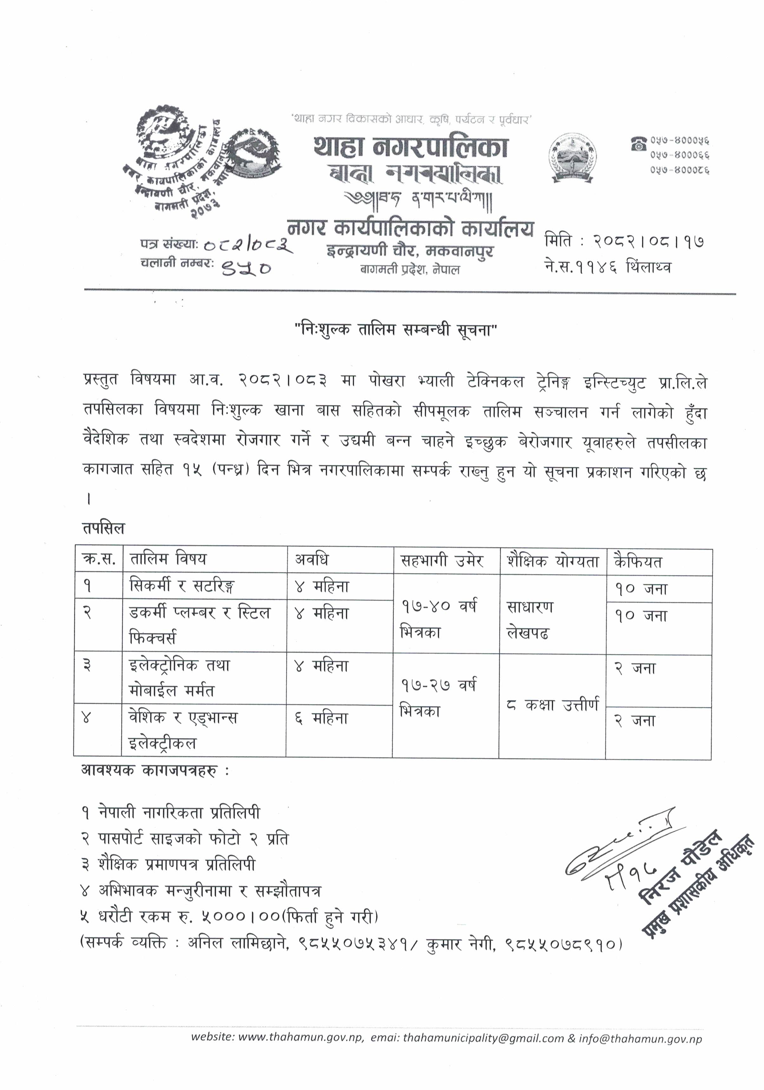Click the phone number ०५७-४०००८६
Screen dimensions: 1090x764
click(x=680, y=169)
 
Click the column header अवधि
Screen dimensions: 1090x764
click(x=312, y=560)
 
